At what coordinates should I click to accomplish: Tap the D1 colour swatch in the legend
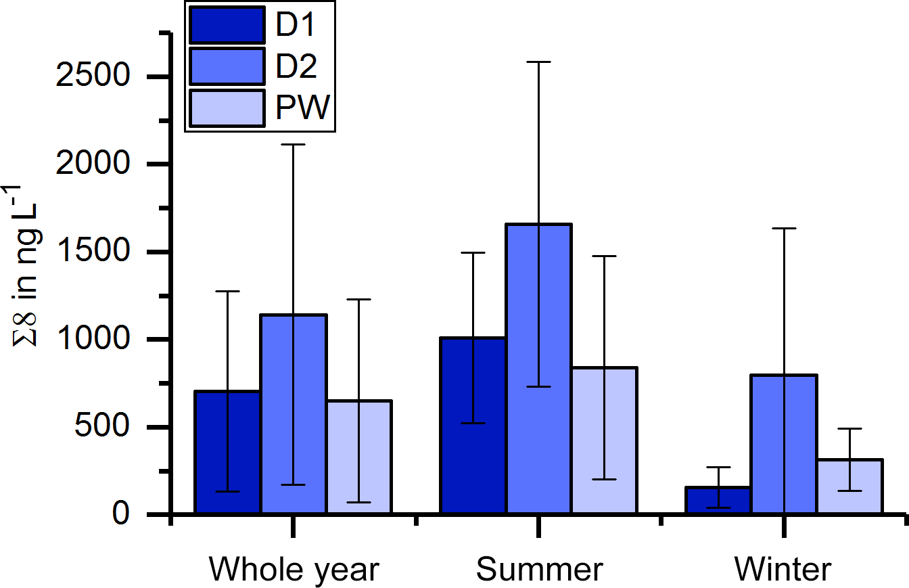click(x=227, y=25)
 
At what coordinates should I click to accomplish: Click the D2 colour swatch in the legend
click(x=227, y=66)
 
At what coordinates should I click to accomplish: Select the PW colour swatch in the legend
click(x=227, y=107)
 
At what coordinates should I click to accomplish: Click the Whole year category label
click(x=294, y=570)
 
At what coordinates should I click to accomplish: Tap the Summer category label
click(x=538, y=570)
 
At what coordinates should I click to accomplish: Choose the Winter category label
click(x=783, y=570)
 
